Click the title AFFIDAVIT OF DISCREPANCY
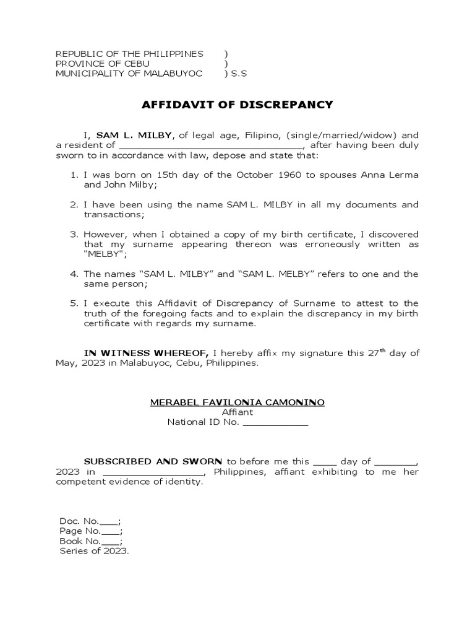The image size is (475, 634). tap(237, 105)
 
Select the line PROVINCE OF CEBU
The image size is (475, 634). tap(103, 64)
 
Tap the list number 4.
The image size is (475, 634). tap(73, 274)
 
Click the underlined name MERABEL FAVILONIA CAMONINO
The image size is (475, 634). tap(237, 402)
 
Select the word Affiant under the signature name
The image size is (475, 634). tap(237, 412)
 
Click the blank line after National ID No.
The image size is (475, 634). tap(275, 422)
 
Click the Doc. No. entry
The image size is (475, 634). tap(90, 521)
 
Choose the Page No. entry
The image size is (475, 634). tap(91, 531)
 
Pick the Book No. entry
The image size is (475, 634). tap(91, 541)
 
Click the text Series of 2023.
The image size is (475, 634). tap(94, 551)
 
